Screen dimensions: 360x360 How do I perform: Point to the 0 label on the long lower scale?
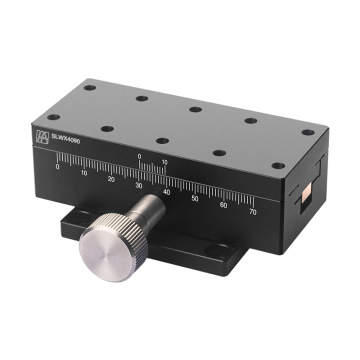click(58, 168)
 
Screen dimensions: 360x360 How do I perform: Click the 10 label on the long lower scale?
click(84, 173)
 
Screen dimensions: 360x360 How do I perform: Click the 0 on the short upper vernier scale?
click(140, 157)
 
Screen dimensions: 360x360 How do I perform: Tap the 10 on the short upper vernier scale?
click(163, 162)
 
